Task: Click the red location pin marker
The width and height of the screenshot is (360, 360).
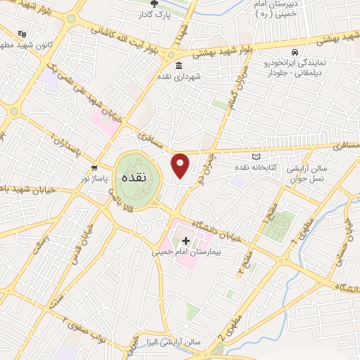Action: [x=181, y=165]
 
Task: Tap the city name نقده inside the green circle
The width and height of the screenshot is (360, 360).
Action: [x=132, y=177]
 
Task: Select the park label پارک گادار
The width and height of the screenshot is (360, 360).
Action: [x=154, y=14]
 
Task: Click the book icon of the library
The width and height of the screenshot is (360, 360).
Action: [x=256, y=156]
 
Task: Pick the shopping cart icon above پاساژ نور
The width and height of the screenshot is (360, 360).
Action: [x=94, y=167]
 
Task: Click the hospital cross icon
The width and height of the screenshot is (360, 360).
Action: [x=186, y=241]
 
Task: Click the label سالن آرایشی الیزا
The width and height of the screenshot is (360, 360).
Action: [x=175, y=342]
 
